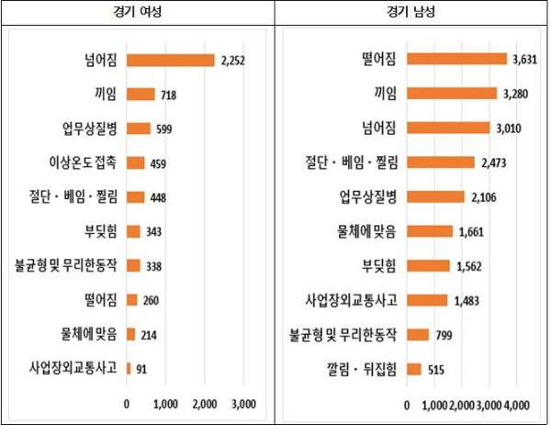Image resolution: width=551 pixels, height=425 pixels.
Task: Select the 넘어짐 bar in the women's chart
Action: (x=170, y=61)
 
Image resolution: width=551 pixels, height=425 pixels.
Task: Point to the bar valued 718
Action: (x=141, y=94)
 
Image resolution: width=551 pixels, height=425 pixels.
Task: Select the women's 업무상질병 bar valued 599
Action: (x=139, y=129)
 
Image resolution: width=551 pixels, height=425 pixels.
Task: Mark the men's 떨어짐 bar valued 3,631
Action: (x=456, y=59)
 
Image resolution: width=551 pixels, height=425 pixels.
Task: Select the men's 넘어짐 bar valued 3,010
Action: (x=448, y=128)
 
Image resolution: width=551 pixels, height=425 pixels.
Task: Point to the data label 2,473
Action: (x=490, y=162)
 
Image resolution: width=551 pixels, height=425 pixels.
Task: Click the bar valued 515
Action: (x=414, y=369)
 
